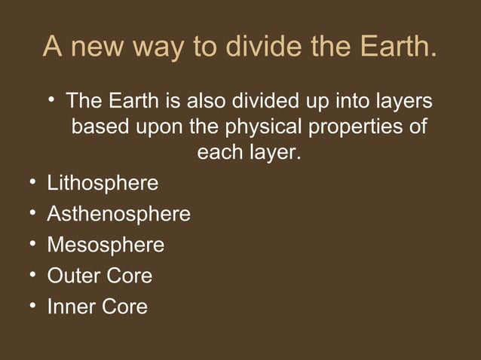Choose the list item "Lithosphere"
point(103,184)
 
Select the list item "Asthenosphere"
point(118,215)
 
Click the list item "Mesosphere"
point(106,246)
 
